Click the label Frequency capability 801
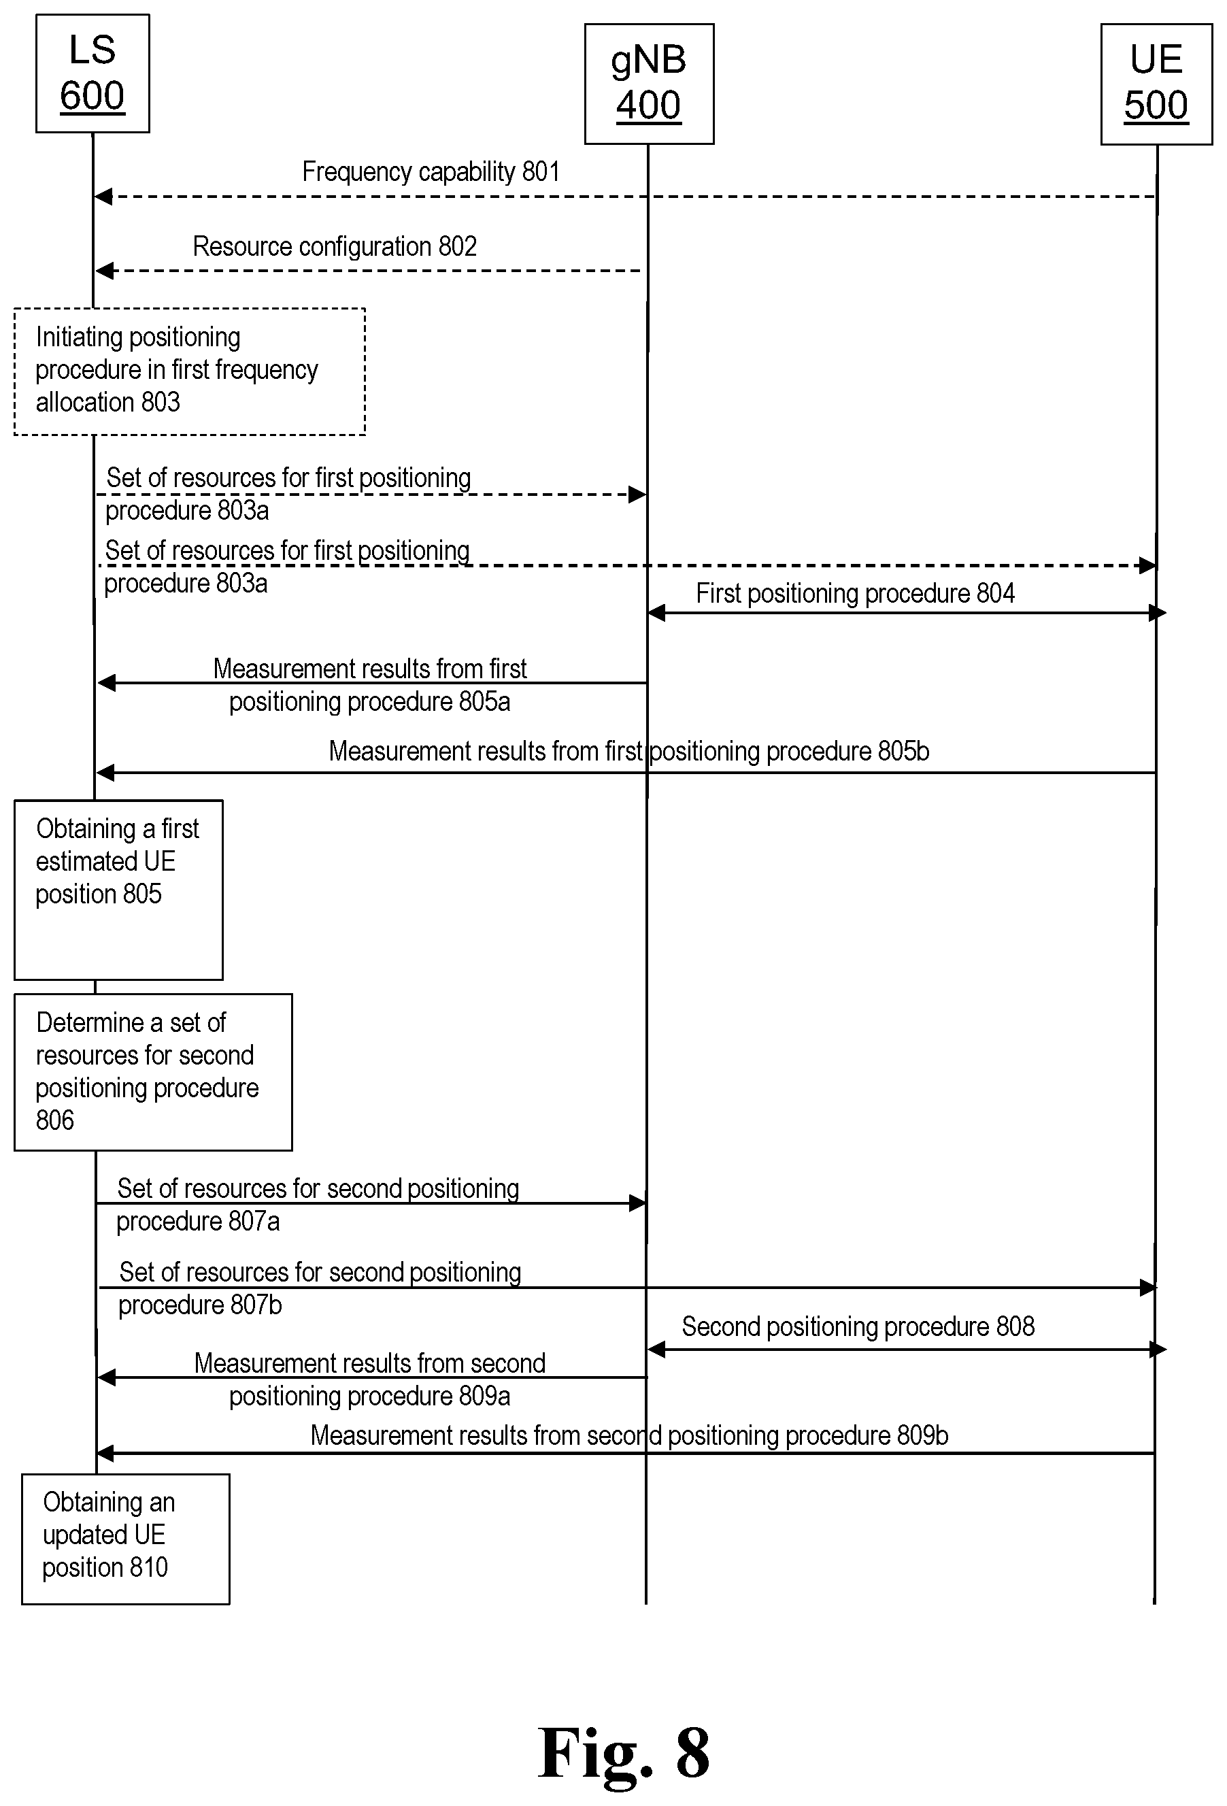coord(431,171)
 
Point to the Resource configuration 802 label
coord(335,246)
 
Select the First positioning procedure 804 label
coord(855,594)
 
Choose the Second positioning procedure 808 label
coord(858,1326)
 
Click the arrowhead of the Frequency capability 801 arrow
coord(103,197)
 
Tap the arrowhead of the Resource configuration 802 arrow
coord(104,271)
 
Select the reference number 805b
coord(904,752)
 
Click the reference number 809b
coord(922,1435)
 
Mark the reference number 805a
coord(484,702)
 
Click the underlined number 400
coord(649,105)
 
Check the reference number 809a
coord(484,1397)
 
